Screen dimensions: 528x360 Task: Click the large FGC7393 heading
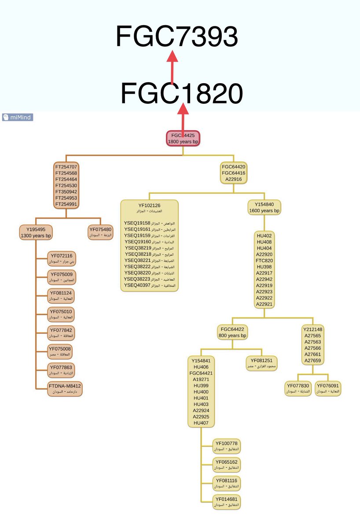pyautogui.click(x=177, y=37)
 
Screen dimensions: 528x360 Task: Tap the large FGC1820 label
pyautogui.click(x=181, y=93)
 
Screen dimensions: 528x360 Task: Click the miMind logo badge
pyautogui.click(x=18, y=117)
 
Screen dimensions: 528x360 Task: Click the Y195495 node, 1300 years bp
pyautogui.click(x=36, y=232)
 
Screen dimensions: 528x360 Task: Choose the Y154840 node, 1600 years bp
pyautogui.click(x=264, y=207)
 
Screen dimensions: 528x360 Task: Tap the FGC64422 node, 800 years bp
pyautogui.click(x=232, y=332)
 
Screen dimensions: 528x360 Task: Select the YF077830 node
pyautogui.click(x=298, y=389)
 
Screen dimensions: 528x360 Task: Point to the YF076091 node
pyautogui.click(x=329, y=389)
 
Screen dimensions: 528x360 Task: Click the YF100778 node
pyautogui.click(x=227, y=446)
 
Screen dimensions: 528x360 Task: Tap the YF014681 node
pyautogui.click(x=227, y=502)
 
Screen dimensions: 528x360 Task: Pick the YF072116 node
pyautogui.click(x=61, y=258)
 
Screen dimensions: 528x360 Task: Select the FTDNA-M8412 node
pyautogui.click(x=65, y=389)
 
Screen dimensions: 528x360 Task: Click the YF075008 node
pyautogui.click(x=61, y=352)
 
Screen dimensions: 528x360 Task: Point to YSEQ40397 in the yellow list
pyautogui.click(x=137, y=286)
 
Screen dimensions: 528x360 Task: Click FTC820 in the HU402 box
pyautogui.click(x=264, y=260)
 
